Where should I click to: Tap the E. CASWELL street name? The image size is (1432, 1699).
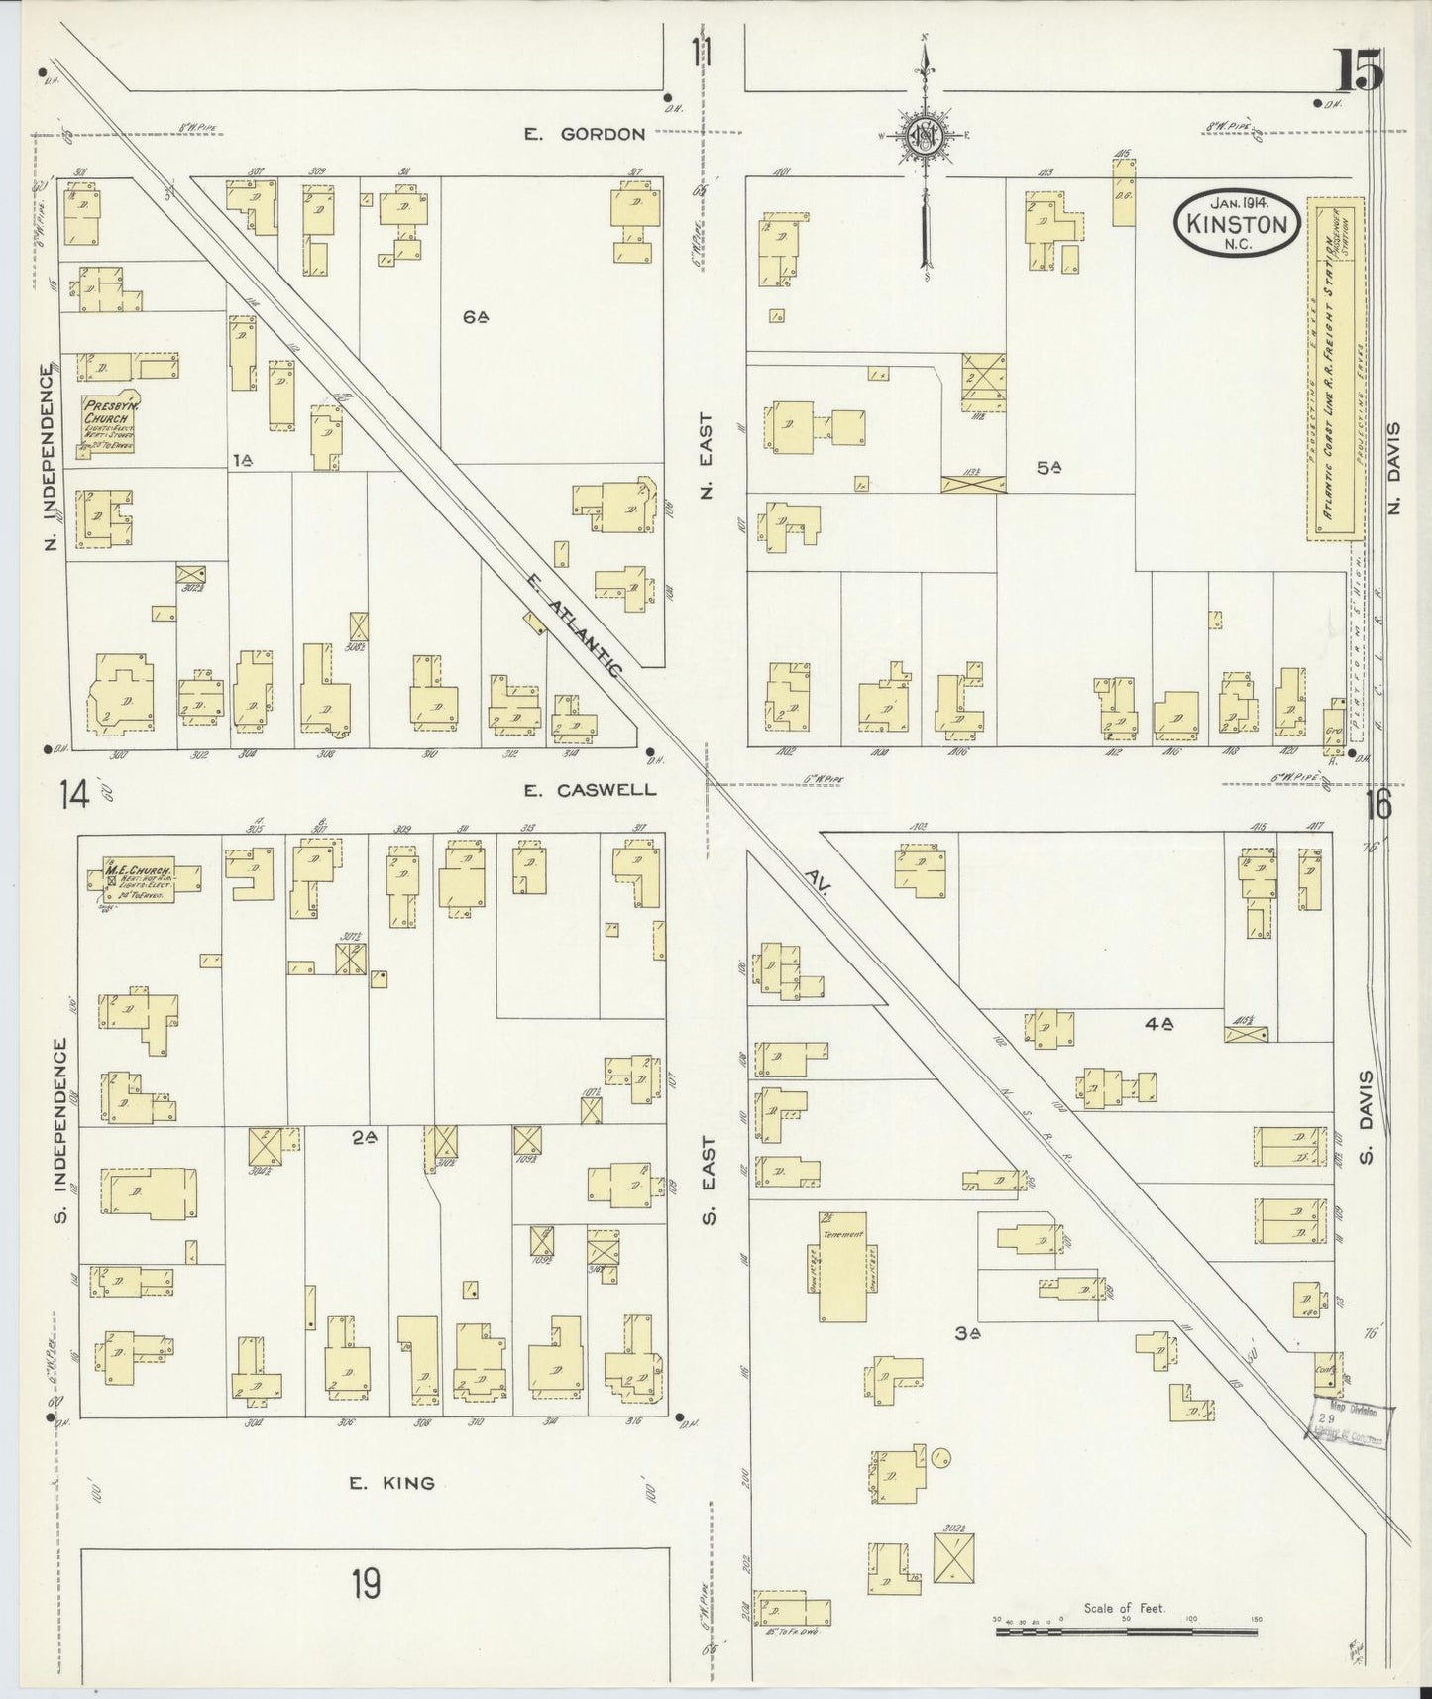(x=590, y=790)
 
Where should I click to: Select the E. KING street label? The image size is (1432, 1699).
(x=391, y=1483)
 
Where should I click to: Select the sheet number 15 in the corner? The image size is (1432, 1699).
(x=1358, y=71)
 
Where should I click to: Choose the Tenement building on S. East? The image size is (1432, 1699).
(x=841, y=1267)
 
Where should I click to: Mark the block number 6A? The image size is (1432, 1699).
(x=476, y=317)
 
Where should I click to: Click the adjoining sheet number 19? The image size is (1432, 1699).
(x=364, y=1584)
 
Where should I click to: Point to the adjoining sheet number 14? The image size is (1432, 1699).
(x=73, y=794)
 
